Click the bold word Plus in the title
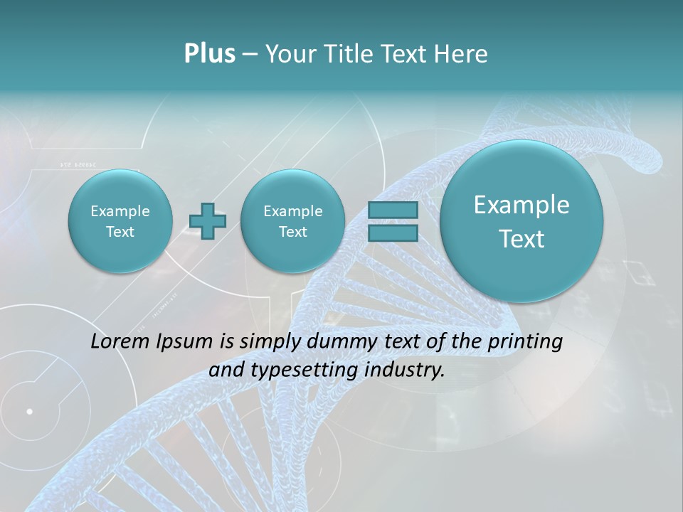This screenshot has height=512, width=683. (x=209, y=54)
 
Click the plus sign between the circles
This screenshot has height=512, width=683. (x=208, y=221)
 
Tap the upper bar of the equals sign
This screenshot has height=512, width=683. (x=393, y=210)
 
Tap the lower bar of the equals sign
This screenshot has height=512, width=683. (x=393, y=233)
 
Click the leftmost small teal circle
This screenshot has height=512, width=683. (x=120, y=221)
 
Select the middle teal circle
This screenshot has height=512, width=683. (x=292, y=221)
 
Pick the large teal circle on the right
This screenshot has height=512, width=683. (x=521, y=221)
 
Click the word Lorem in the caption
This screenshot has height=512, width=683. (x=117, y=341)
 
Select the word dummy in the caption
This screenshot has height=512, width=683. (x=336, y=342)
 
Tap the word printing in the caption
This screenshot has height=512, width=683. (x=525, y=342)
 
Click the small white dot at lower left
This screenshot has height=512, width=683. (x=30, y=411)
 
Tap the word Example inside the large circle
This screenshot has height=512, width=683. (x=521, y=205)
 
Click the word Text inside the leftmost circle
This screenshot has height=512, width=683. (x=120, y=232)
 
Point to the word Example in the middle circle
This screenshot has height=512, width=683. (x=292, y=211)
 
